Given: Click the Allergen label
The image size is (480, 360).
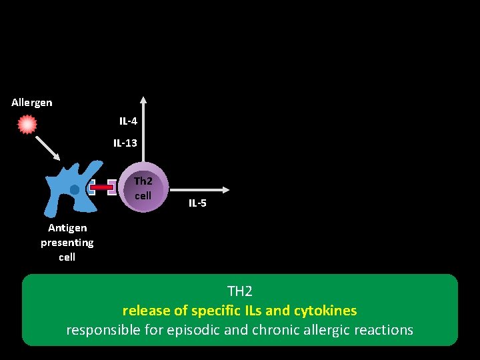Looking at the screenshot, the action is [x=31, y=103].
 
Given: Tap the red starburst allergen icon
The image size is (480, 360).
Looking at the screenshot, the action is [x=27, y=125].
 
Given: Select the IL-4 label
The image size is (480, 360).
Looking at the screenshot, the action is [x=128, y=121].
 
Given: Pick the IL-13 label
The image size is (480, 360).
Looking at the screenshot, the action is [x=125, y=143].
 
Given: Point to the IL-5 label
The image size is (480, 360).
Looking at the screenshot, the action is [x=197, y=203].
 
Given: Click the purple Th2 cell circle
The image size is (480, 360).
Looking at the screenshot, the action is [x=143, y=187].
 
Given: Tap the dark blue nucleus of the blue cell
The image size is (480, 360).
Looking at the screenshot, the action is [x=75, y=190].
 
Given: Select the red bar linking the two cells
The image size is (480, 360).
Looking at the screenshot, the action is [x=102, y=188].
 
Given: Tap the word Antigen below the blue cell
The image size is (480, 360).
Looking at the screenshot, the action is [x=67, y=228].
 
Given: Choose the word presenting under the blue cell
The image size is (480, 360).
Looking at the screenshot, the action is [x=67, y=243].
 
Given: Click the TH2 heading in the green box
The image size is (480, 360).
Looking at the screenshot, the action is [x=240, y=291].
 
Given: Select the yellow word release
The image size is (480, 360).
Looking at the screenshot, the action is [x=143, y=311].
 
